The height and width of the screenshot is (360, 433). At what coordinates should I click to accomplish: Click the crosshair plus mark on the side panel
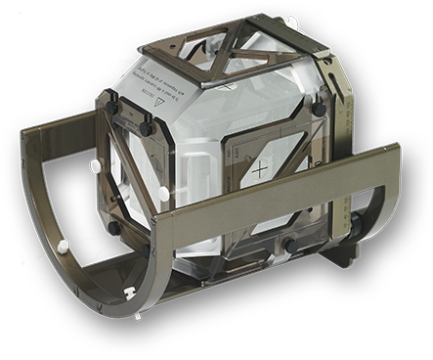[259, 170]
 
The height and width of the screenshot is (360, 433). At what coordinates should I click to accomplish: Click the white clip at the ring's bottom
[129, 292]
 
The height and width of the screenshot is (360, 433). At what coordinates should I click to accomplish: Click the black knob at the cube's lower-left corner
[114, 227]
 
